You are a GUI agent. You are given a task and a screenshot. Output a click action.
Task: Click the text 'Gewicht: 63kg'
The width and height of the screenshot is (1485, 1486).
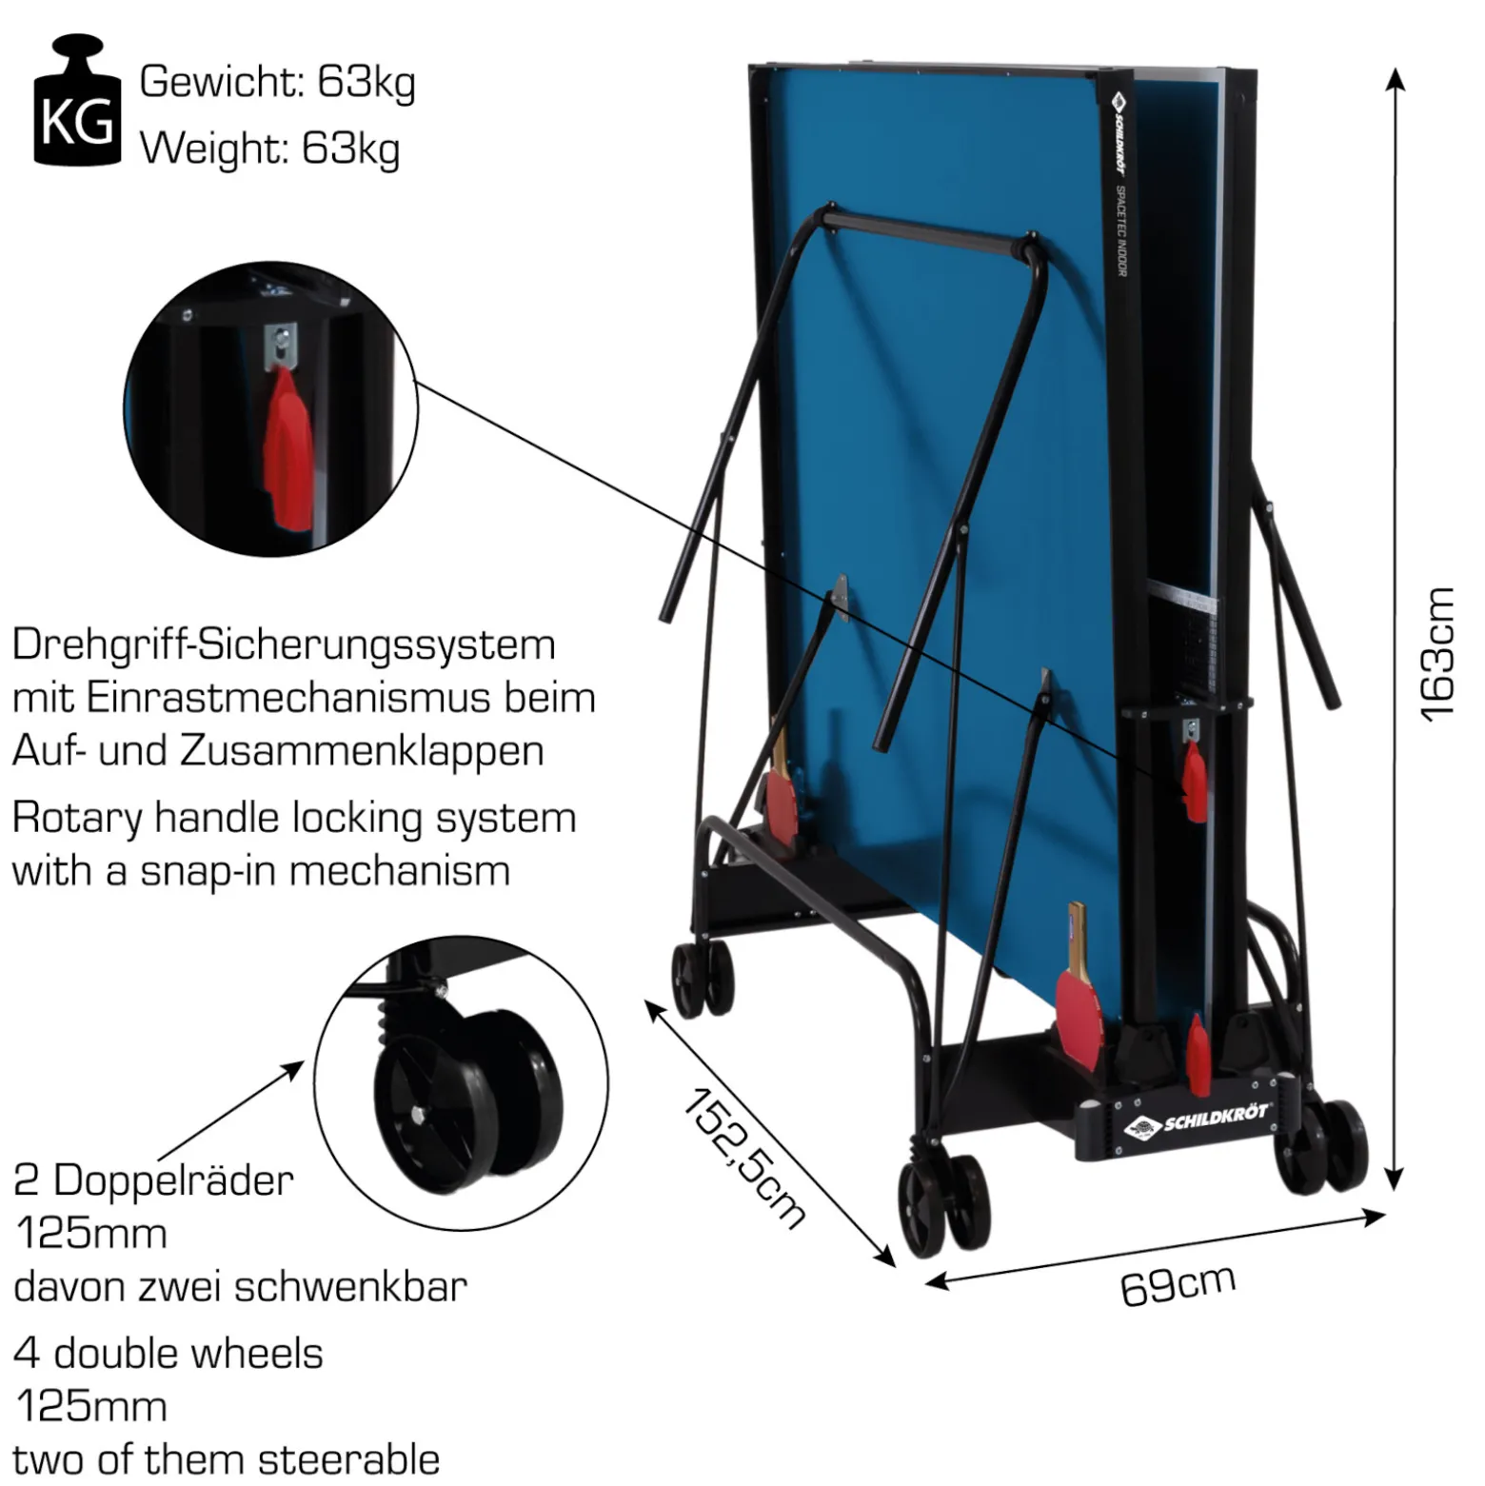[x=277, y=83]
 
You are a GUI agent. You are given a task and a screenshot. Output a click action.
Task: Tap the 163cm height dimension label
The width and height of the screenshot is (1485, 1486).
[x=1438, y=654]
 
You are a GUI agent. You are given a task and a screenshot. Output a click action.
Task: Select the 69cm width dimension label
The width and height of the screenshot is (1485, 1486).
[x=1178, y=1286]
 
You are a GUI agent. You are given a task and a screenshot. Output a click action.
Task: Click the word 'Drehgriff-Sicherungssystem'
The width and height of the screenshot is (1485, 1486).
[x=284, y=645]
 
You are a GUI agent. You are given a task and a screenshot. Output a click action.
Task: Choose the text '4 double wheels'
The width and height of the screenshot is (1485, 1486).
[x=168, y=1353]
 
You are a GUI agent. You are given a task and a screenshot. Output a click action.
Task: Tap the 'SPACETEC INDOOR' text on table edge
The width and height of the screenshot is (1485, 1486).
[x=1121, y=230]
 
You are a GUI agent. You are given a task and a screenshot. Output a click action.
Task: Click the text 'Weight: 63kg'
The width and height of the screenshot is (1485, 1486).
[x=269, y=149]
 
